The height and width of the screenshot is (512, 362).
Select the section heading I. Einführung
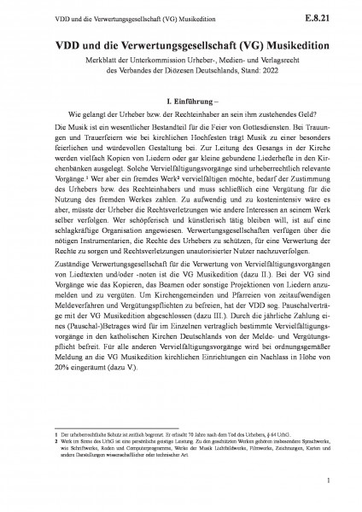[179, 102]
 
